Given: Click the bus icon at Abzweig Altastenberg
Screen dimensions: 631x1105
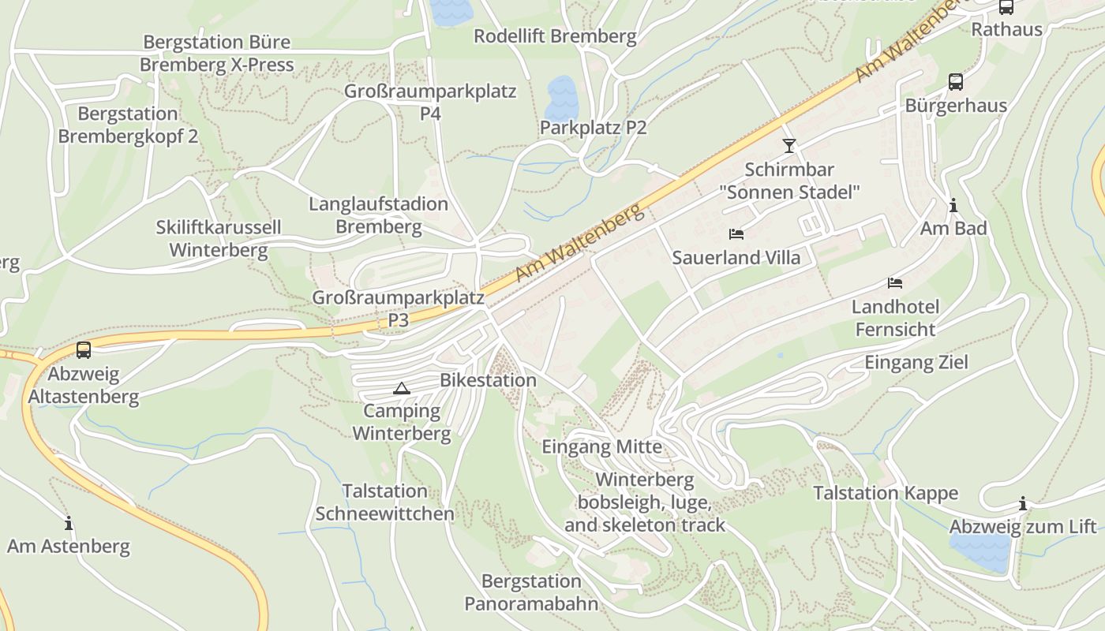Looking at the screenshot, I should (x=84, y=350).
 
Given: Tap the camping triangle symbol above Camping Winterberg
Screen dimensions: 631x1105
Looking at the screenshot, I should (x=402, y=388).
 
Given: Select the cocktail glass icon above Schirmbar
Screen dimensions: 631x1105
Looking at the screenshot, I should (x=788, y=146).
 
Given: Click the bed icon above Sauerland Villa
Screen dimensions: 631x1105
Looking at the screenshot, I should (x=736, y=234).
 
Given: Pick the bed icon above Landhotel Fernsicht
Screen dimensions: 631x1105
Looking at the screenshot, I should (x=895, y=283).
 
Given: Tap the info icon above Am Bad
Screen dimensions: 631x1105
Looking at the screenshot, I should (x=953, y=206).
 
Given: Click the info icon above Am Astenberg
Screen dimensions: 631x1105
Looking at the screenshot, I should (x=69, y=523).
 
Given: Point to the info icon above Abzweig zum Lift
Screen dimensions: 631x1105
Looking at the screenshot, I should (x=1023, y=504).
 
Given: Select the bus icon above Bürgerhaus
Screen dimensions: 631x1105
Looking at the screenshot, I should (x=955, y=82).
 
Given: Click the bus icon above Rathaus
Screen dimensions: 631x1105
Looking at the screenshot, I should (x=1006, y=7).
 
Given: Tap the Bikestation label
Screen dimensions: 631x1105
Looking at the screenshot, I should (x=488, y=380).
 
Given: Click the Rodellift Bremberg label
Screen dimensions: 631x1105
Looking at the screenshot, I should (x=554, y=36).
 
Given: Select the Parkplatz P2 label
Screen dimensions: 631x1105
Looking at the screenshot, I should (x=593, y=128).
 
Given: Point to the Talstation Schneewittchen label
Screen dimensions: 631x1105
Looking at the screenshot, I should (x=385, y=502).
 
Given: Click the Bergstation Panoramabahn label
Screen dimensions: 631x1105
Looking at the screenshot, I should (x=531, y=592).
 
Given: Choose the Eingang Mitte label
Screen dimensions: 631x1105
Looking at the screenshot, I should (x=601, y=447).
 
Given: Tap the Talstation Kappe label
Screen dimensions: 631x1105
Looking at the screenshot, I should (x=886, y=494).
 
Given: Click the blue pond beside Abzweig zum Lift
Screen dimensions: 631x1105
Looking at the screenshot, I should (x=980, y=551).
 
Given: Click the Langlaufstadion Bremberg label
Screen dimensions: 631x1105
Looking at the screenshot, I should (x=378, y=215).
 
